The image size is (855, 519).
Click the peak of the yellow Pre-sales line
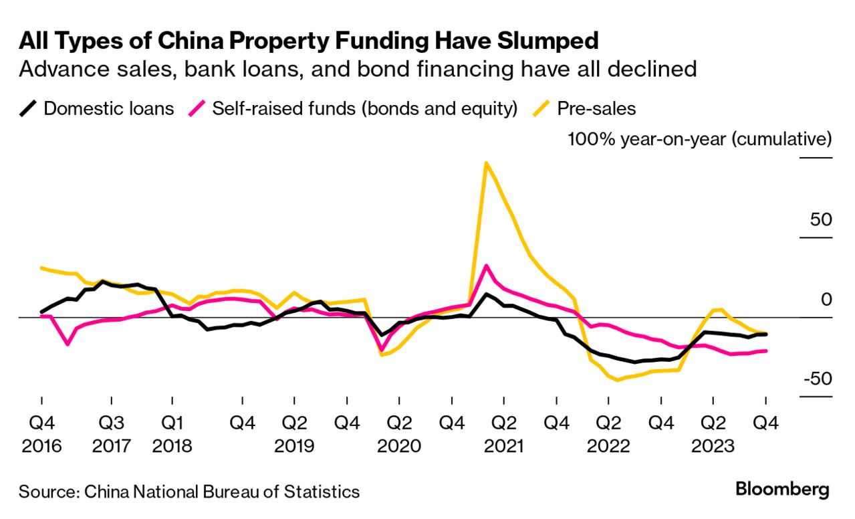click(486, 163)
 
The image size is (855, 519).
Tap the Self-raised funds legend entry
click(364, 108)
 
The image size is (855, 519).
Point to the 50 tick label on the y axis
click(817, 219)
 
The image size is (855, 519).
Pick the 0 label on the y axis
click(826, 299)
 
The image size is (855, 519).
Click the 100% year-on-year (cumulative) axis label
click(700, 140)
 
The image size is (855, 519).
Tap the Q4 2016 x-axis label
click(41, 434)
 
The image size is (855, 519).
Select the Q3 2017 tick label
click(110, 434)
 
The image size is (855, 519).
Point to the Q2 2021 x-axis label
click(503, 434)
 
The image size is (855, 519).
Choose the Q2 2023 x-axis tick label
click(713, 434)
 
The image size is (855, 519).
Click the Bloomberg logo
click(782, 489)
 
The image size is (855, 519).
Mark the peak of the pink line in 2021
click(486, 266)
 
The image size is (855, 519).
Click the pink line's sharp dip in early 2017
click(68, 344)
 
